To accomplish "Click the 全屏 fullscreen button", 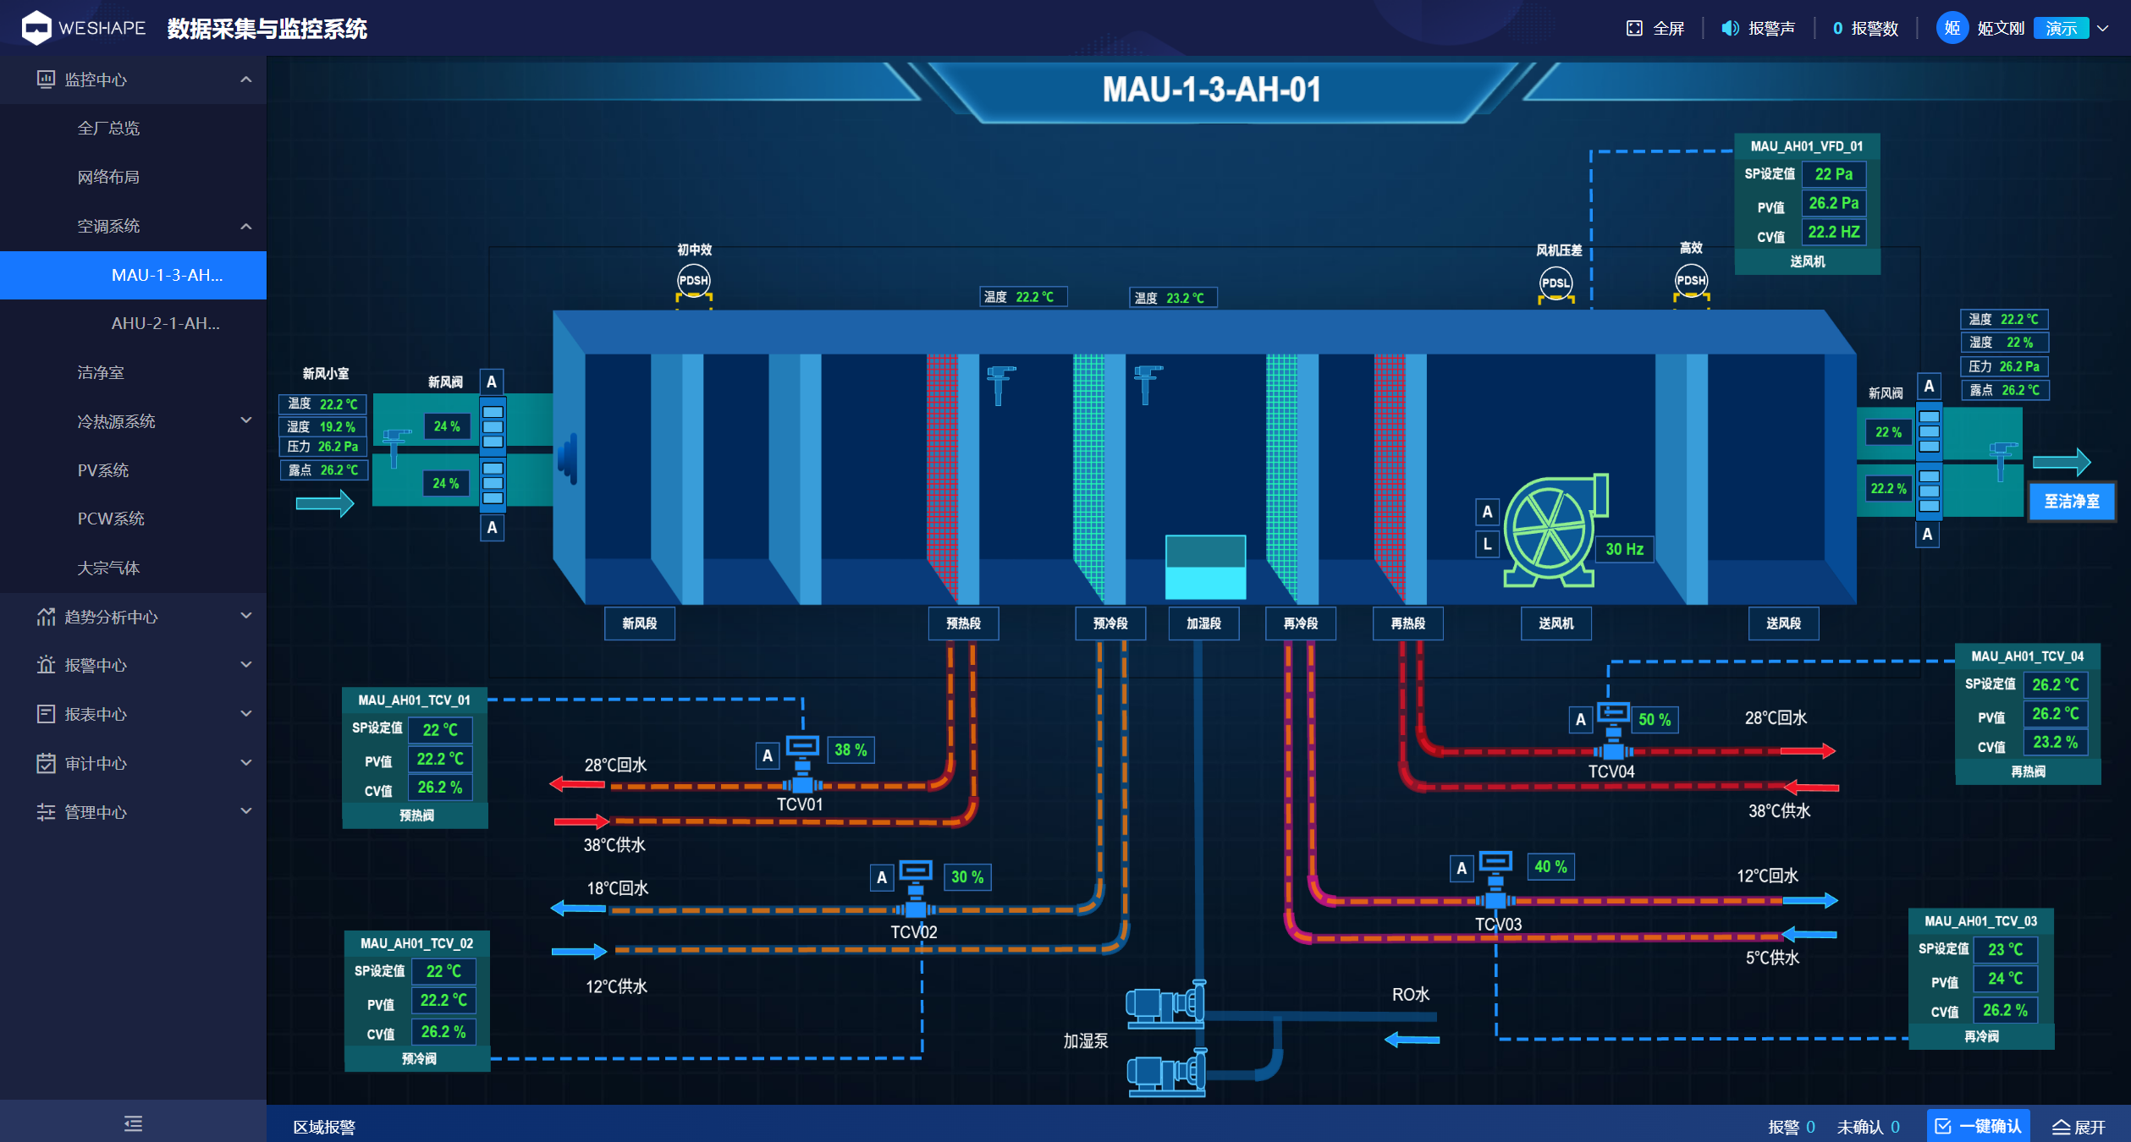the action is [1655, 29].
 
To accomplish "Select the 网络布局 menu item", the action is [108, 177].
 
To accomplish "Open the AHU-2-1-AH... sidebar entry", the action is [166, 323].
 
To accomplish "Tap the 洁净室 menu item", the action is [101, 372].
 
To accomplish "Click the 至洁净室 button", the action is [2072, 502].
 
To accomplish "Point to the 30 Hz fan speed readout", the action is [1624, 549].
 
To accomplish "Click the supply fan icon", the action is [1554, 531].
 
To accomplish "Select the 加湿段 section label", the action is [1203, 623].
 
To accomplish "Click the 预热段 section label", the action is [963, 623].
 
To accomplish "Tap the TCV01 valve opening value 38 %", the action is [851, 749].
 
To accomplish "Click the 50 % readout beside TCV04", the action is [1655, 720].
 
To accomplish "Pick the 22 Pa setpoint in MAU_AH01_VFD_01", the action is [1834, 174].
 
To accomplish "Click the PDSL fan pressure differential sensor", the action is [1556, 283].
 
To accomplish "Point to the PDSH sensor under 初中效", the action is [694, 280].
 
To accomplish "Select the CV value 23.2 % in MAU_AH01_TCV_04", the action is [2055, 742].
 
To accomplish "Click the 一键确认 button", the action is [1978, 1126].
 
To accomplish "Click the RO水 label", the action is [1410, 995].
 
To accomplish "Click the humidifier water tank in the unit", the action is [1205, 568].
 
